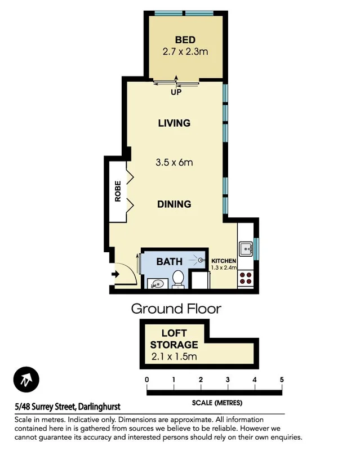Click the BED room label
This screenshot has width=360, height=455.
coord(185,39)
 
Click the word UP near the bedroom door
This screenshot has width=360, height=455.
coord(176,92)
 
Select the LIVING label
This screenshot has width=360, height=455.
coord(174,123)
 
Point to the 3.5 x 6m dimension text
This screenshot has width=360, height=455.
coord(174,163)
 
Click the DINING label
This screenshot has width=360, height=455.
coord(174,204)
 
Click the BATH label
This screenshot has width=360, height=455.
coord(169,261)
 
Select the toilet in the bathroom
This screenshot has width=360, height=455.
coord(179,278)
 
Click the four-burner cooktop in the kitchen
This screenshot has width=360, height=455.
coord(246,277)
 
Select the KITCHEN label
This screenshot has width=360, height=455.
coord(224,261)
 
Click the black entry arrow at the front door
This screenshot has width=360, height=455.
coord(115,274)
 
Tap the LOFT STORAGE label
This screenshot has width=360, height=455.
coord(175,339)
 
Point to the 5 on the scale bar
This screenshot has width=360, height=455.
coord(281,380)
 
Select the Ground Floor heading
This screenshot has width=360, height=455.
coord(176,308)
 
